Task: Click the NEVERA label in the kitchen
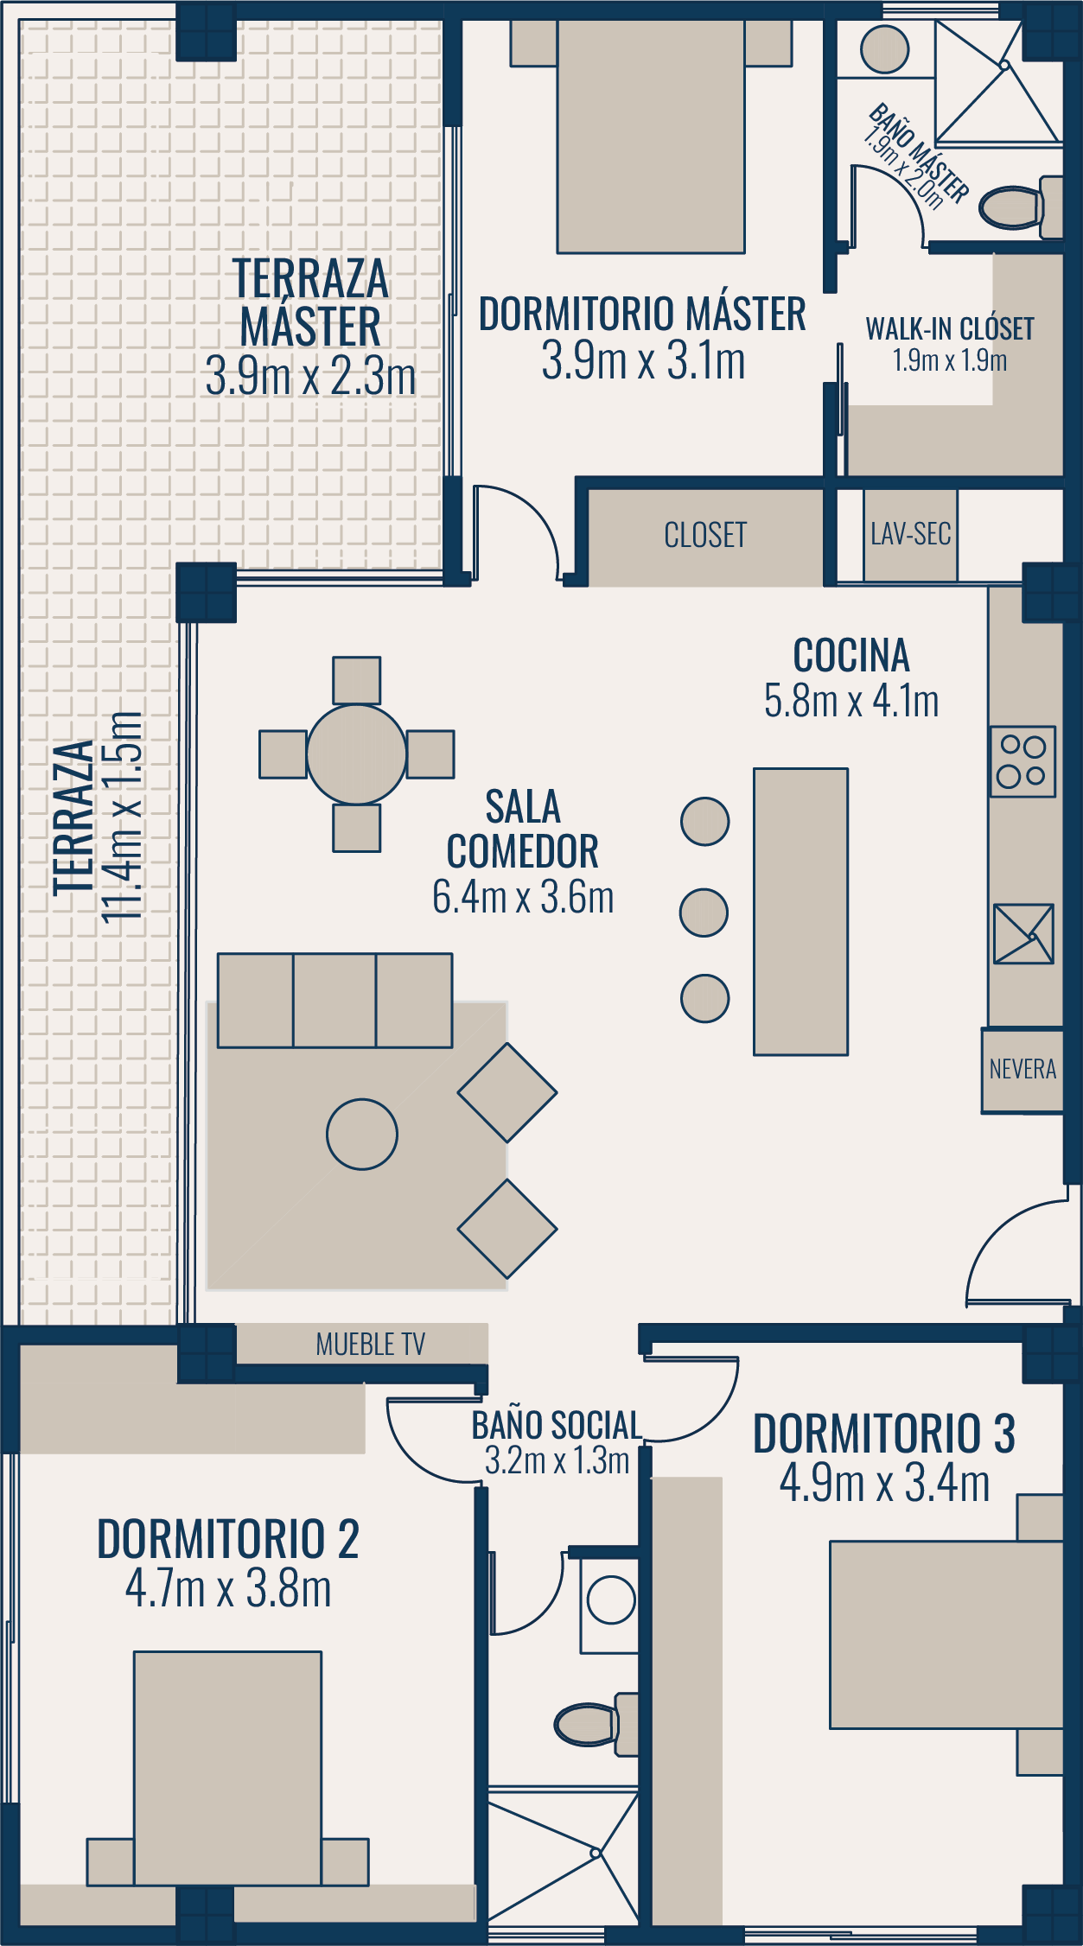(x=1022, y=1070)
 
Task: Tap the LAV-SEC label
(x=911, y=534)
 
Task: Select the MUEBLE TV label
(x=371, y=1345)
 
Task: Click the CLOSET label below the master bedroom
(x=705, y=535)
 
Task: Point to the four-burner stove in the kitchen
(x=1022, y=761)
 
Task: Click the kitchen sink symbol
(x=1023, y=933)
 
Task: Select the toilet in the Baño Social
(x=596, y=1725)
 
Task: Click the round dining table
(x=356, y=754)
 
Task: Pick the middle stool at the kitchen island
(x=704, y=913)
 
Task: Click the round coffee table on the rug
(x=362, y=1134)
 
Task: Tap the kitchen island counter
(x=800, y=912)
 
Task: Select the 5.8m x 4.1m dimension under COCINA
(x=851, y=701)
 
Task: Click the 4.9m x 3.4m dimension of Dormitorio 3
(x=884, y=1484)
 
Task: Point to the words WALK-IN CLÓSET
(x=950, y=328)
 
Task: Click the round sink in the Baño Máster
(x=884, y=49)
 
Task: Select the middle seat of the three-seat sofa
(x=334, y=1001)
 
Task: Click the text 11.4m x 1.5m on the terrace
(x=122, y=817)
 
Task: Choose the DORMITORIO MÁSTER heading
(x=642, y=314)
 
